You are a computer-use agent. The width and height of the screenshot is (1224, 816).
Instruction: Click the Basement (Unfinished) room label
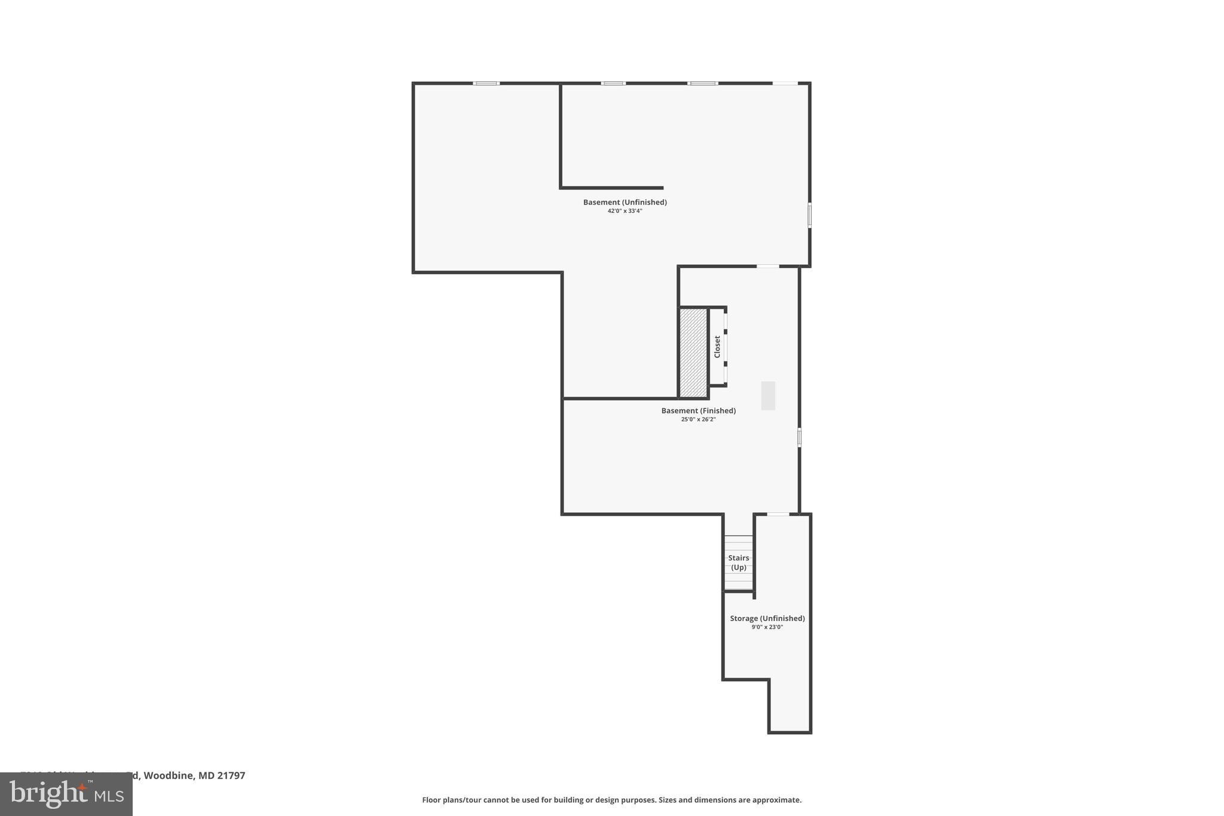tap(625, 202)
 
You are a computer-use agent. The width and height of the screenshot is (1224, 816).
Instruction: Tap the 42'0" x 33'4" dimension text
tap(625, 211)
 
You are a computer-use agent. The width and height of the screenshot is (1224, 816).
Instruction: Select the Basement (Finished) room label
tap(698, 411)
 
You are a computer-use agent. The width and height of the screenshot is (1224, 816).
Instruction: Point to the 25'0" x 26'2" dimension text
tap(698, 420)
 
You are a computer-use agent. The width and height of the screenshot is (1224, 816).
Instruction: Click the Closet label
tap(717, 347)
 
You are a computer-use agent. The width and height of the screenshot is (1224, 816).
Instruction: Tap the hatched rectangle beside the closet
tap(693, 352)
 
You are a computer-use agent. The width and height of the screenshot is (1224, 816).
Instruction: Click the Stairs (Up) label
tap(739, 563)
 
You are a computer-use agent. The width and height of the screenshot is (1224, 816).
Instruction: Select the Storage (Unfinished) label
tap(767, 619)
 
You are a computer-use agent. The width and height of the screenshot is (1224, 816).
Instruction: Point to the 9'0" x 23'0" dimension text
tap(767, 627)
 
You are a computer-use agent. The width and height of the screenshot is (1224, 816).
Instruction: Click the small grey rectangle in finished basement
tap(768, 396)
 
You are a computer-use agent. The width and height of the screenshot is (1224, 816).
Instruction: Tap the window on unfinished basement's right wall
tap(810, 215)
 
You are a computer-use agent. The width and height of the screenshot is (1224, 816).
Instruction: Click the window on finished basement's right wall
tap(799, 437)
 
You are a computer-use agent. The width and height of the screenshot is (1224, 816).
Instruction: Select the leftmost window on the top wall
tap(486, 83)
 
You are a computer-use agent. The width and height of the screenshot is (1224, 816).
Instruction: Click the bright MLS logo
tap(66, 794)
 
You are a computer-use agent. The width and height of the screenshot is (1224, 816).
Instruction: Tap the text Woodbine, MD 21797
tap(194, 775)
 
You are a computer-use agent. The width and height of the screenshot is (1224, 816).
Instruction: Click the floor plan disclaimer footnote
tap(611, 800)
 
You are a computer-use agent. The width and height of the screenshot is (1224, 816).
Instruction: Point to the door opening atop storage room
tap(778, 514)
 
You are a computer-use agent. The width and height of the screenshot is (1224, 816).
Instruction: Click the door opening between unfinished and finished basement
tap(768, 266)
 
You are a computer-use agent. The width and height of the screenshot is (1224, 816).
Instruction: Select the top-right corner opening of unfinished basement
tap(785, 83)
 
